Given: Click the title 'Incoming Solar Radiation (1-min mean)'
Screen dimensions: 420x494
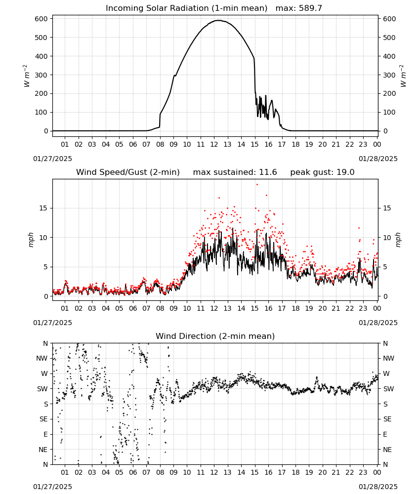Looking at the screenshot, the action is point(186,8).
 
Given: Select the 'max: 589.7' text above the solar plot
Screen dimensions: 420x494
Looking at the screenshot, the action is point(299,8).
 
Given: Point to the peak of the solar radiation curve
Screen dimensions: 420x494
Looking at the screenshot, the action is point(218,20).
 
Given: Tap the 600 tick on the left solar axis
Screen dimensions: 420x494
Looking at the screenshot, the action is point(42,19).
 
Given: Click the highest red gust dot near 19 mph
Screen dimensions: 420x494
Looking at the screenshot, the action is point(257,185).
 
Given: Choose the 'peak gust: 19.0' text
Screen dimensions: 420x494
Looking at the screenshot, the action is point(322,172).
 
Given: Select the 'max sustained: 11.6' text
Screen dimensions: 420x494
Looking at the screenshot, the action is point(235,172).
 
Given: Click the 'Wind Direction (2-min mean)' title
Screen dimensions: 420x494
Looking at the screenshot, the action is point(215,336).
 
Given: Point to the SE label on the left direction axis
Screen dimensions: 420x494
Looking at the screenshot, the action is point(43,419).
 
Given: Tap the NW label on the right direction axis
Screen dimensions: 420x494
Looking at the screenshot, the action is point(388,359).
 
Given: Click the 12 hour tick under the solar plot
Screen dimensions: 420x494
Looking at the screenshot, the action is point(214,144).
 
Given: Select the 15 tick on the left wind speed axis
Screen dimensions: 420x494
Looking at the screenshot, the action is point(43,208).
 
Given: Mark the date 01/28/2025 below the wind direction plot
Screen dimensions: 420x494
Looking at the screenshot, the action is point(378,487).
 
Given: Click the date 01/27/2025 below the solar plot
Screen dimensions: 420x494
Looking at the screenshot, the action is point(52,159).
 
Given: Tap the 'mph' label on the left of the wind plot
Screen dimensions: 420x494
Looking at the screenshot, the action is point(31,240).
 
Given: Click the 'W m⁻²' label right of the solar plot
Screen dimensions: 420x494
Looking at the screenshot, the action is point(403,76).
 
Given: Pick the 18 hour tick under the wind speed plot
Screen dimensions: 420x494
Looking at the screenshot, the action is point(295,308).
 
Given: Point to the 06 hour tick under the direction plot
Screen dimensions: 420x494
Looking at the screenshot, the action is point(132,472).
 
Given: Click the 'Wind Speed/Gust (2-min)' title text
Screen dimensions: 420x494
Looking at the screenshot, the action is point(128,172).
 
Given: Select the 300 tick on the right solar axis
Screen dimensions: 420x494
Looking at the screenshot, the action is point(389,75).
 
